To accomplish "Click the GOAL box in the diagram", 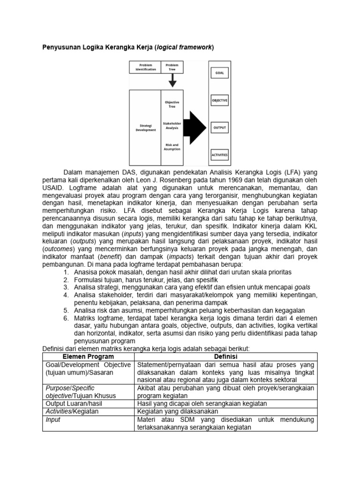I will pos(219,73).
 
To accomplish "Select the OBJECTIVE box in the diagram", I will pos(219,100).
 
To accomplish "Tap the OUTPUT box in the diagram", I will pos(219,127).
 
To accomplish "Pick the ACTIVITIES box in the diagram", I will pos(219,154).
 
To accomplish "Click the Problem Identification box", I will pos(145,67).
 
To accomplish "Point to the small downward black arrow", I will pos(172,82).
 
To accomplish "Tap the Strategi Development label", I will pos(145,127).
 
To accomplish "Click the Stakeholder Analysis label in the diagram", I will pos(172,125).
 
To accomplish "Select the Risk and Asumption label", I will pos(172,147).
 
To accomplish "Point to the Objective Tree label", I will pos(172,104).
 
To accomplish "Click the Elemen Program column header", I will pos(88,357).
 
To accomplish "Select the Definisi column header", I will pos(226,357).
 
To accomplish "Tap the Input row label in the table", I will pos(53,420).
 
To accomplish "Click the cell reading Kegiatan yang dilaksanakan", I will pos(175,412).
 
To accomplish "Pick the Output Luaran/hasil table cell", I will pos(74,404).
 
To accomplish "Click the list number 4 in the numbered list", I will pos(66,295).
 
